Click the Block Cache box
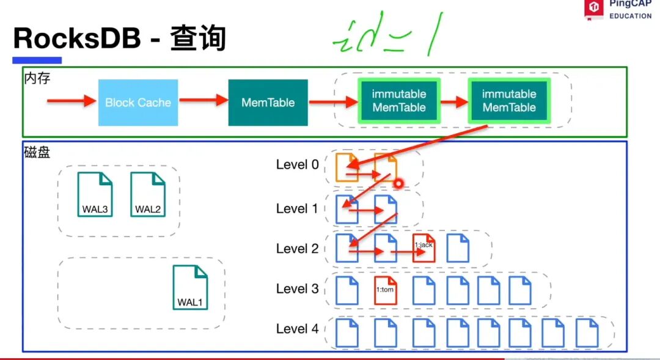[x=138, y=103]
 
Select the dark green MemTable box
[x=268, y=103]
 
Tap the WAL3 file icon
[x=95, y=194]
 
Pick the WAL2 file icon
[x=148, y=194]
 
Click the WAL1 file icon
[x=190, y=287]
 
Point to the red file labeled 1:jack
[x=424, y=248]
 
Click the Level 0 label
[x=297, y=164]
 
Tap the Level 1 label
[x=297, y=208]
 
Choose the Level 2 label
[x=297, y=249]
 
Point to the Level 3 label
[x=297, y=288]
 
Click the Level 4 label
[x=297, y=329]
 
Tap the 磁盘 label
[x=36, y=152]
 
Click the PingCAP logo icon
[x=593, y=9]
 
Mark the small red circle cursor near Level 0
[x=398, y=183]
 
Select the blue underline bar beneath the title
[x=37, y=61]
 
